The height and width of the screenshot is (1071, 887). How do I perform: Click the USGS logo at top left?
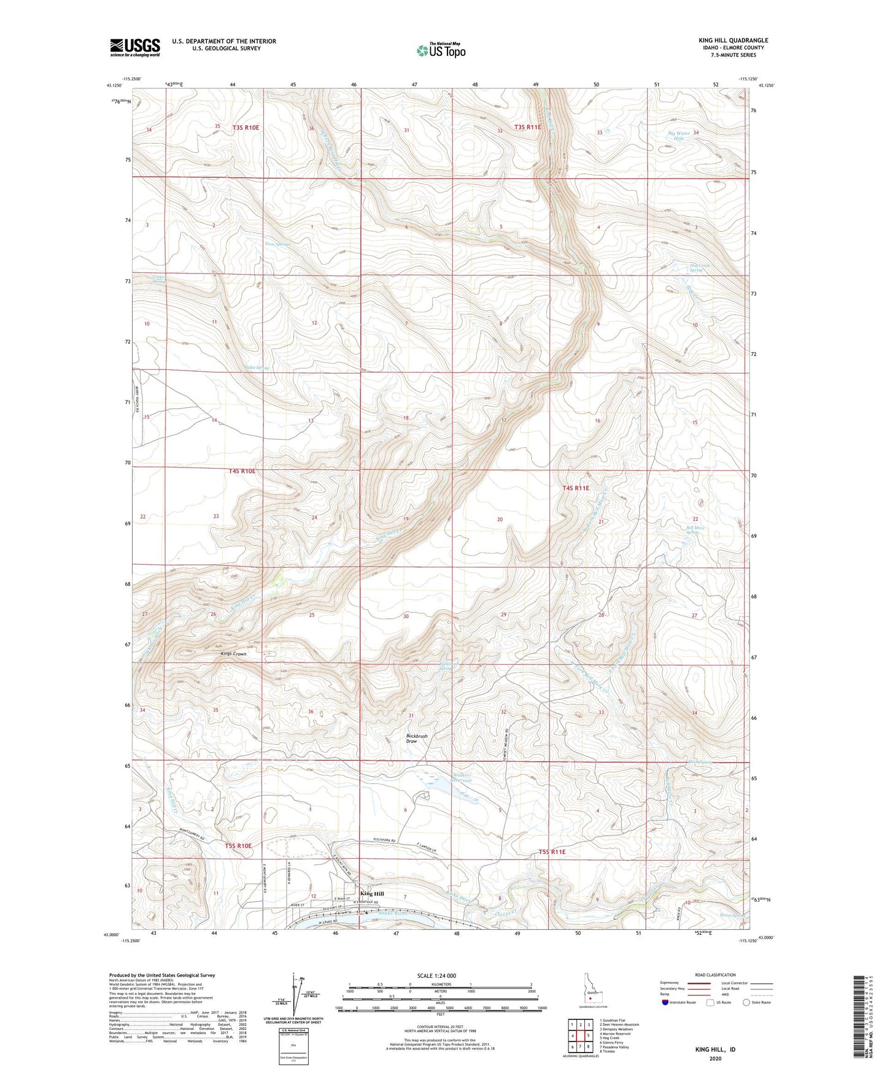point(134,47)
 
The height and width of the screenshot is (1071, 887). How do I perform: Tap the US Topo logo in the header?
point(440,50)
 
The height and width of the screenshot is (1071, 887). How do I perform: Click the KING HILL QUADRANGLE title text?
point(733,40)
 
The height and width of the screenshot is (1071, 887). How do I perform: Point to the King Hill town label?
point(372,893)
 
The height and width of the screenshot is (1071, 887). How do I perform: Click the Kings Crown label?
point(233,654)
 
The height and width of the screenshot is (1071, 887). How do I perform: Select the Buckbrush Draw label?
point(417,739)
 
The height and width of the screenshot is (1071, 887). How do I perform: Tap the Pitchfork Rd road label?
point(387,840)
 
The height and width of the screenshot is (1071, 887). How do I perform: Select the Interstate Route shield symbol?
point(665,1002)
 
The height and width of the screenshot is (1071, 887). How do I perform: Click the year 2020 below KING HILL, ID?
point(715,1058)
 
